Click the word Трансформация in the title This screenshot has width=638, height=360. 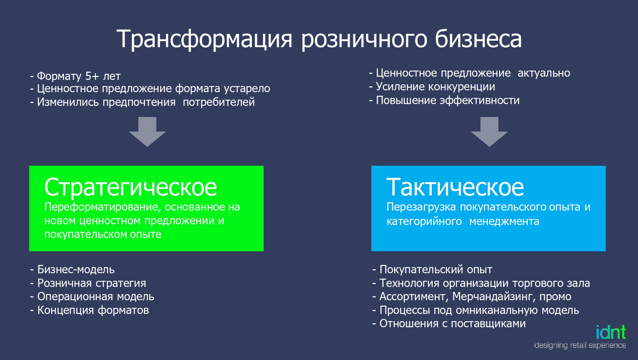point(204,39)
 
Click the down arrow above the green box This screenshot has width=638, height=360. point(147,132)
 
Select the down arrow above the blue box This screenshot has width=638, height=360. point(489,132)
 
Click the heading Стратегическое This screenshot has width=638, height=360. point(131,187)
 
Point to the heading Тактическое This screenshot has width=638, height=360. point(455,187)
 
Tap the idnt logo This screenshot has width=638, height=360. point(611,332)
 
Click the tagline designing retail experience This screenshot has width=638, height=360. point(580,345)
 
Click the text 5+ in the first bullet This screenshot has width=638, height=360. point(92,76)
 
